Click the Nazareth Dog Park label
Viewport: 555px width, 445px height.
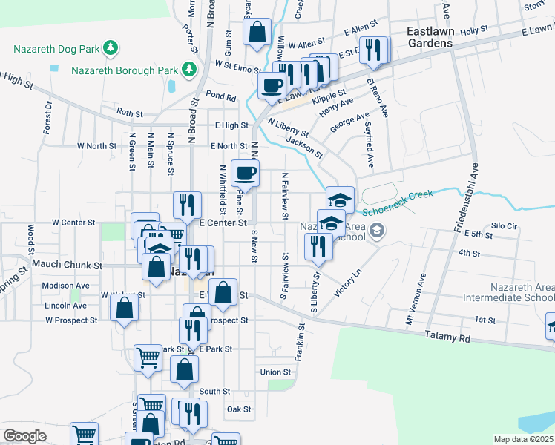(56, 49)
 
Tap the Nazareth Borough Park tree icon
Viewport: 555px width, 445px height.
(189, 70)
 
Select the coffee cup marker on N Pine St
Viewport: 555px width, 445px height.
(245, 174)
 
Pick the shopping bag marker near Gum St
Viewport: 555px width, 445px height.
(257, 33)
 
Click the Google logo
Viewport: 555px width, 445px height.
(24, 436)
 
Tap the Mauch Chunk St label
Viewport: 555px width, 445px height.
(66, 265)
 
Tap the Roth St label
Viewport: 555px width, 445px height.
(129, 113)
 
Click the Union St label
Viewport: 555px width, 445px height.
(275, 372)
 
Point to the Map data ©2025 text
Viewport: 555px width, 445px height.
(523, 439)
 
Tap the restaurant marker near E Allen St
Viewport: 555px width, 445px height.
(373, 50)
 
